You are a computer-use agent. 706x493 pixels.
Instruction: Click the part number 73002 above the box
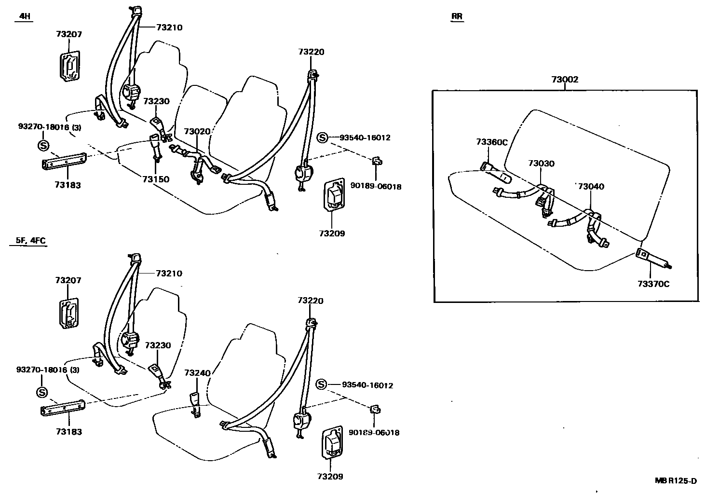[x=565, y=80]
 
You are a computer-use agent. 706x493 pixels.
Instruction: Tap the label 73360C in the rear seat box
[x=492, y=142]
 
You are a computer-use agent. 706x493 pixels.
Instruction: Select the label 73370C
[x=653, y=284]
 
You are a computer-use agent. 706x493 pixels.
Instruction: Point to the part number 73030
[x=541, y=164]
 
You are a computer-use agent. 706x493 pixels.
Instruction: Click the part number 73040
[x=591, y=187]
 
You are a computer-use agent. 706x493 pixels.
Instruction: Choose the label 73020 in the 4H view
[x=197, y=131]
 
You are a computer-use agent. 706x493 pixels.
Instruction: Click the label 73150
[x=156, y=179]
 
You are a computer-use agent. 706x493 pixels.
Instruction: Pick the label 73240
[x=198, y=373]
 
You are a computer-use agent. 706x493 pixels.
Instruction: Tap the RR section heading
[x=457, y=16]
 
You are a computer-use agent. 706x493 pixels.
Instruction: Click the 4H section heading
[x=24, y=16]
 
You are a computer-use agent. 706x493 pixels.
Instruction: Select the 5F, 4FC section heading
[x=28, y=240]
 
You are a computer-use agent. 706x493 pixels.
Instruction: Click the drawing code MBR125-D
[x=676, y=480]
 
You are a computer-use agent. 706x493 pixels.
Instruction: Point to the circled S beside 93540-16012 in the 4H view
[x=322, y=138]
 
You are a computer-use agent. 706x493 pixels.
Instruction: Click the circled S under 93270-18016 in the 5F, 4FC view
[x=42, y=392]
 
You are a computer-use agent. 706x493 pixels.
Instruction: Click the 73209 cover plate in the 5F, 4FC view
[x=332, y=443]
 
